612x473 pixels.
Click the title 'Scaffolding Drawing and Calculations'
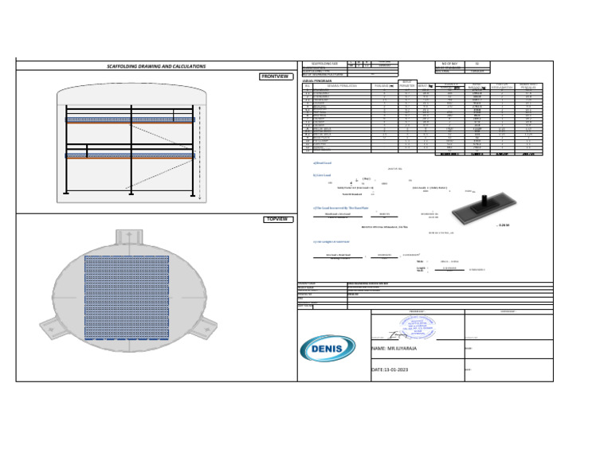pyautogui.click(x=156, y=66)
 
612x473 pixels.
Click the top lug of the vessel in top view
pyautogui.click(x=127, y=237)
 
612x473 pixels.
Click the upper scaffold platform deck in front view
pyautogui.click(x=129, y=119)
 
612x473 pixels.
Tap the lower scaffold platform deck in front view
pyautogui.click(x=129, y=155)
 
